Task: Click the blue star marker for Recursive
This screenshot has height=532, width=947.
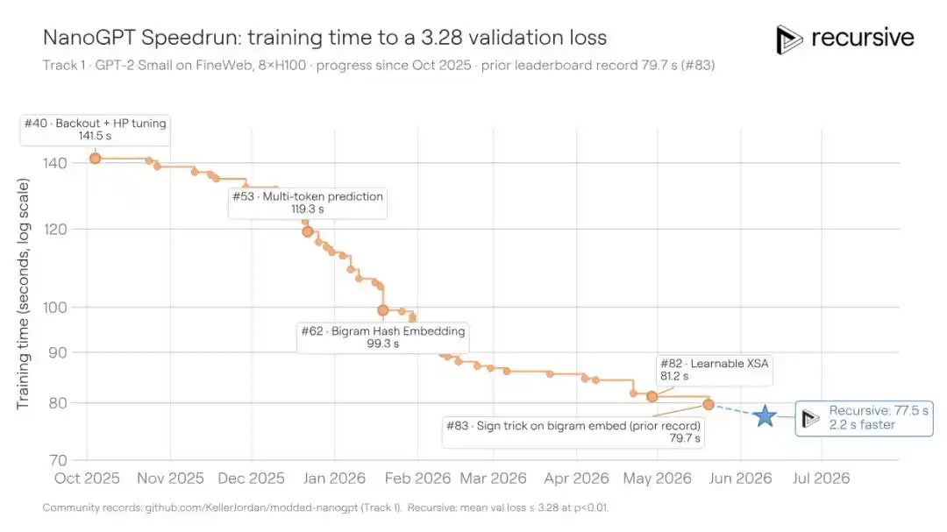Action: coord(765,415)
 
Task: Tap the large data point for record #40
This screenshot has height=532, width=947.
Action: coord(95,159)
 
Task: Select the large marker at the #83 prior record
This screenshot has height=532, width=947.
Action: coord(708,405)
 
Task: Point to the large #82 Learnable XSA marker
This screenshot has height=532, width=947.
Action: coord(652,397)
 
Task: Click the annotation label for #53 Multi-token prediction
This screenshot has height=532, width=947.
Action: coord(308,203)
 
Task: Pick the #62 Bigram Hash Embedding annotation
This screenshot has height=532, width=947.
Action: coord(383,337)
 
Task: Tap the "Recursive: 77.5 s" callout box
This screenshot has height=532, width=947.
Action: coord(865,418)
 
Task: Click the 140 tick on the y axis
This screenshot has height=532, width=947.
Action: coord(55,163)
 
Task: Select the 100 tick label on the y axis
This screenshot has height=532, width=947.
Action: coord(55,307)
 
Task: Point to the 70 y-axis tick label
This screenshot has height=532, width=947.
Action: coord(58,460)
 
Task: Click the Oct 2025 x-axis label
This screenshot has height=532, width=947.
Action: coord(87,479)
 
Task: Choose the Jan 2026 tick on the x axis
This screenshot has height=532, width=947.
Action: coord(334,479)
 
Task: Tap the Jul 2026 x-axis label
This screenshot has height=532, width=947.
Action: coord(821,479)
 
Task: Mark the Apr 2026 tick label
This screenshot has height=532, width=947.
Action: coord(576,479)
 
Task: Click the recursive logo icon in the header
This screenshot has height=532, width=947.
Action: coord(789,39)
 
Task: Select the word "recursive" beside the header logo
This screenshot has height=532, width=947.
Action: coord(863,38)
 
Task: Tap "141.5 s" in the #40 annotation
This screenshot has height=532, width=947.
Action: coord(95,136)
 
